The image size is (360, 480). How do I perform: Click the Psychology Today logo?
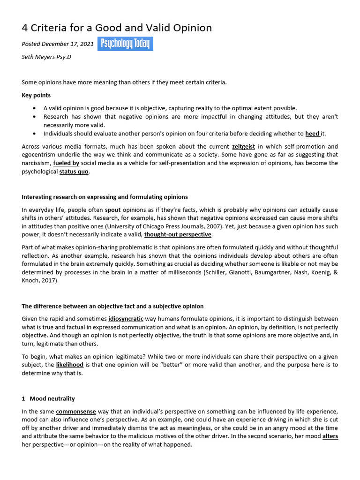click(x=125, y=44)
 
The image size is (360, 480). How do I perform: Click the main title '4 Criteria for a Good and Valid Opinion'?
click(x=117, y=28)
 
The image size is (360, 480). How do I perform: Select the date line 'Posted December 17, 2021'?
click(x=58, y=44)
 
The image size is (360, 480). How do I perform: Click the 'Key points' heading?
click(x=36, y=95)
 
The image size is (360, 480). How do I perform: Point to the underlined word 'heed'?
click(x=312, y=133)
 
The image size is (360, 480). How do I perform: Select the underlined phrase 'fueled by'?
click(x=66, y=163)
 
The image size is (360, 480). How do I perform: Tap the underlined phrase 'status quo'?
click(x=74, y=172)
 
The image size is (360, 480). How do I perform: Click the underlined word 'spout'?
click(x=113, y=210)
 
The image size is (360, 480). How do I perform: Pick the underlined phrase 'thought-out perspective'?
click(x=178, y=234)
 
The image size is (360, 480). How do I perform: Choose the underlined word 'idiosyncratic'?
click(x=127, y=319)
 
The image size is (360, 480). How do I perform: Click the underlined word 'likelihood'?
click(x=70, y=364)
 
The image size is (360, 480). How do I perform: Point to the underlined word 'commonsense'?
click(x=76, y=411)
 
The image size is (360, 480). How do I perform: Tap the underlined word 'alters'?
click(x=330, y=436)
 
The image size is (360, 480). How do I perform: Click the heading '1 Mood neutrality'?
click(x=48, y=398)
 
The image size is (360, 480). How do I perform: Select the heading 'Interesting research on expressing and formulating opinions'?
click(x=105, y=196)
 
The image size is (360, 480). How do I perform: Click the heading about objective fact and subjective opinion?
click(x=112, y=306)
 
